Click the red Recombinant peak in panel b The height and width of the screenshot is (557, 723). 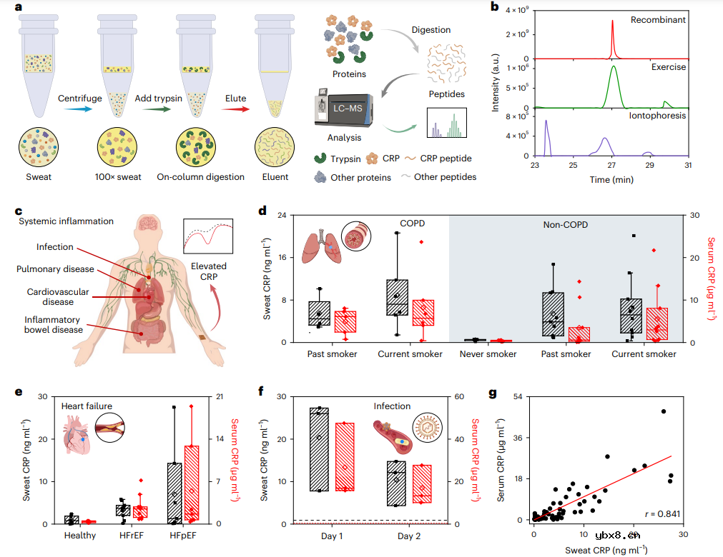[x=613, y=39]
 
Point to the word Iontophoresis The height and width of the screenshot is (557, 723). [x=657, y=115]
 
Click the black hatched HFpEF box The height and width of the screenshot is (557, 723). [x=174, y=493]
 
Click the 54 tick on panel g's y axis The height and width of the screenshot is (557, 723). [x=521, y=396]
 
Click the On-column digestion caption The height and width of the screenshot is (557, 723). [x=201, y=177]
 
